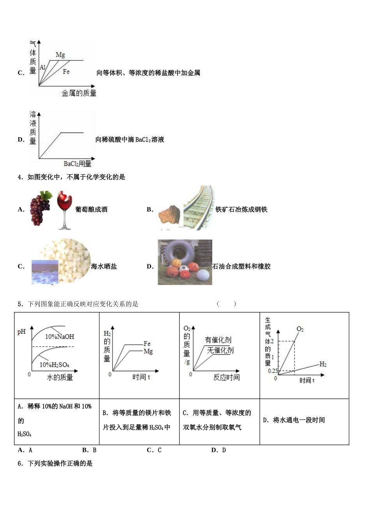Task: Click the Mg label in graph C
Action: point(60,55)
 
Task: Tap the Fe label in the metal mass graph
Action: point(66,72)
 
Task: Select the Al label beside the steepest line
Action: point(42,67)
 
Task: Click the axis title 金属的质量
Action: point(79,93)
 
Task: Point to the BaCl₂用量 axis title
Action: point(78,164)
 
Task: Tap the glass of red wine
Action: point(65,210)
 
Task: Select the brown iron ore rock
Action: point(169,215)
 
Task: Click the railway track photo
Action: point(199,208)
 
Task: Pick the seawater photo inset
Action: point(45,272)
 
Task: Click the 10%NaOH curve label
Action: point(60,336)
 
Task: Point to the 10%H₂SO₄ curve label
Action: point(55,365)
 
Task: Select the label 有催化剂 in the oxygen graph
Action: point(218,340)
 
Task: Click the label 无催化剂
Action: point(220,350)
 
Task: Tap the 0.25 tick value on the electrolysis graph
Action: point(273,371)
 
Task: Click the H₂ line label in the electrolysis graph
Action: point(323,364)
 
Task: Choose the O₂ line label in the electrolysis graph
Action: point(300,329)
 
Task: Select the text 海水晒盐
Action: point(104,266)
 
